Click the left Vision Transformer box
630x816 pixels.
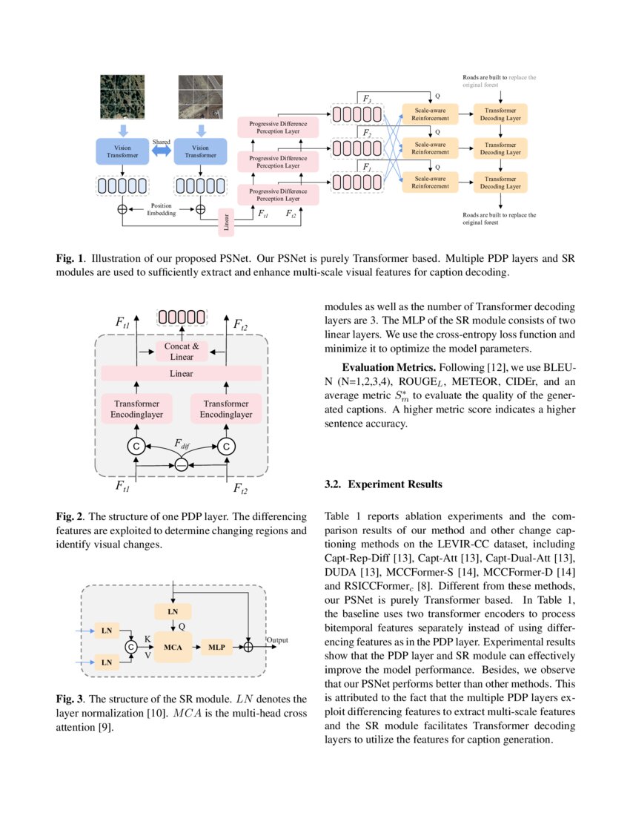pyautogui.click(x=122, y=151)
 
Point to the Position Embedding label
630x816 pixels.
pyautogui.click(x=161, y=209)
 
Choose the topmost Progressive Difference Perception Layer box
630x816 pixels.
pyautogui.click(x=277, y=126)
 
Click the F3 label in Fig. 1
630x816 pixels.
pyautogui.click(x=367, y=98)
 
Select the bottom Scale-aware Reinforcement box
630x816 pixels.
pyautogui.click(x=430, y=182)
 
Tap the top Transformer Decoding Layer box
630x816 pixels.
pyautogui.click(x=500, y=113)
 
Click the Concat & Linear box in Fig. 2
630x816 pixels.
pyautogui.click(x=181, y=351)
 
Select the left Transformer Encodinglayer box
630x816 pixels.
pyautogui.click(x=136, y=409)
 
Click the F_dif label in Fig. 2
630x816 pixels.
pyautogui.click(x=182, y=444)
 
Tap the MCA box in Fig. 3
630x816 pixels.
pyautogui.click(x=173, y=646)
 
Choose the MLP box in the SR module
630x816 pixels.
pyautogui.click(x=216, y=646)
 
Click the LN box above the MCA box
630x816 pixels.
pyautogui.click(x=173, y=611)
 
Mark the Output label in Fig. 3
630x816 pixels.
pyautogui.click(x=277, y=639)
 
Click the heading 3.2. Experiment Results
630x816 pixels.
pyautogui.click(x=383, y=484)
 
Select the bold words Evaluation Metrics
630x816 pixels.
pyautogui.click(x=389, y=368)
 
